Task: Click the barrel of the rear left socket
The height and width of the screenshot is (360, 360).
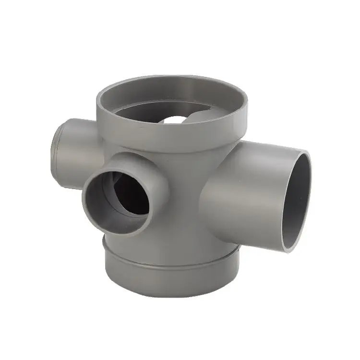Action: pyautogui.click(x=79, y=149)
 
